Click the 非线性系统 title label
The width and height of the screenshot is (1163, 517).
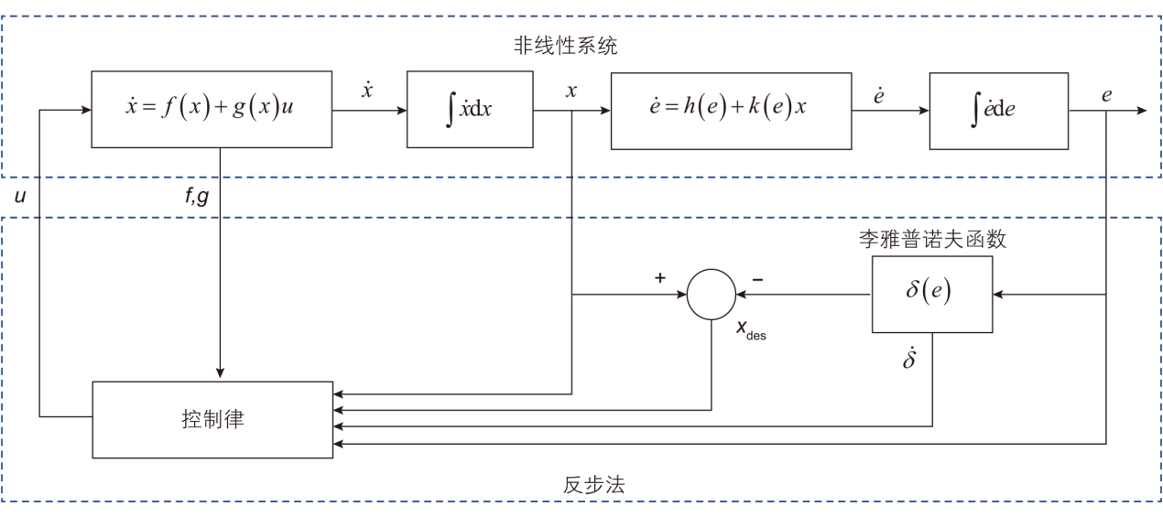point(565,46)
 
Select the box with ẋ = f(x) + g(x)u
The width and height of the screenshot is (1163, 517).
point(211,109)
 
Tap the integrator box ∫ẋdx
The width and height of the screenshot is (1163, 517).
point(469,110)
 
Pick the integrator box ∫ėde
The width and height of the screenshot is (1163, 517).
point(998,110)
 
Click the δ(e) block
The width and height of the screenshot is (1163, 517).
point(931,294)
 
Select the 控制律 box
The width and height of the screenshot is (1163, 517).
point(212,420)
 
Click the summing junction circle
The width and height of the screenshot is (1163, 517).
point(712,295)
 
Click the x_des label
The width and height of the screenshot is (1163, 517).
point(751,330)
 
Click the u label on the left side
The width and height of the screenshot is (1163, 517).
point(20,194)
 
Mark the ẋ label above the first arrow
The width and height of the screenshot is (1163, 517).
point(367,92)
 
